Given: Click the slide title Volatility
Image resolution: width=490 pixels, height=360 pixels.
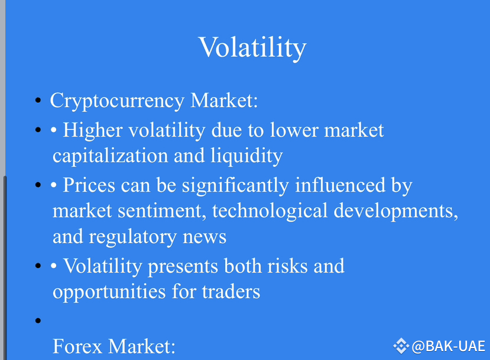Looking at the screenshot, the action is pyautogui.click(x=252, y=47).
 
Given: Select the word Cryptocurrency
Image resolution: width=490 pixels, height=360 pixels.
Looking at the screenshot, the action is pyautogui.click(x=117, y=101).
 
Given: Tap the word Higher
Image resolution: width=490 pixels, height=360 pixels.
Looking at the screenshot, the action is pyautogui.click(x=93, y=130).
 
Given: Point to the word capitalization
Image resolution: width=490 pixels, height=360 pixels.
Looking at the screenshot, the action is pyautogui.click(x=111, y=156).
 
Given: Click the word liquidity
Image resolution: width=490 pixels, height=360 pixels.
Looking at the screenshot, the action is pyautogui.click(x=246, y=156).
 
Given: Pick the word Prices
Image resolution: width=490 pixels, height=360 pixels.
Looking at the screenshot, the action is pyautogui.click(x=89, y=185).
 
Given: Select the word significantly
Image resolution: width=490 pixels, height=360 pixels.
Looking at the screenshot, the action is pyautogui.click(x=235, y=186).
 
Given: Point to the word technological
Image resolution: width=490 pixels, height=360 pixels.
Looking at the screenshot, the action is pyautogui.click(x=270, y=211).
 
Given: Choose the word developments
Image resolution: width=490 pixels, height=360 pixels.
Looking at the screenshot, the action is pyautogui.click(x=396, y=212).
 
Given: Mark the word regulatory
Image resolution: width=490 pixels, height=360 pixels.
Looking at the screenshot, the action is pyautogui.click(x=133, y=237).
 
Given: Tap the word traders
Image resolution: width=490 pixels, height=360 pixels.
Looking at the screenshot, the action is pyautogui.click(x=231, y=292).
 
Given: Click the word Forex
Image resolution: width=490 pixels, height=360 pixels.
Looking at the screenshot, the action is pyautogui.click(x=77, y=346).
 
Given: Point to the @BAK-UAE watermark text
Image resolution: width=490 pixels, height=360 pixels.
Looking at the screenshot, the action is pyautogui.click(x=449, y=346).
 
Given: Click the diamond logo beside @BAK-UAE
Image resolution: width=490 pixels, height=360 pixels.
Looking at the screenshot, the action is pyautogui.click(x=401, y=346).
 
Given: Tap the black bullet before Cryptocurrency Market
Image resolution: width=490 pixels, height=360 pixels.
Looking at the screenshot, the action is pyautogui.click(x=38, y=100).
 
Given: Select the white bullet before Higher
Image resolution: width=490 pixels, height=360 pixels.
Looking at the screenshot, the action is pyautogui.click(x=54, y=129).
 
